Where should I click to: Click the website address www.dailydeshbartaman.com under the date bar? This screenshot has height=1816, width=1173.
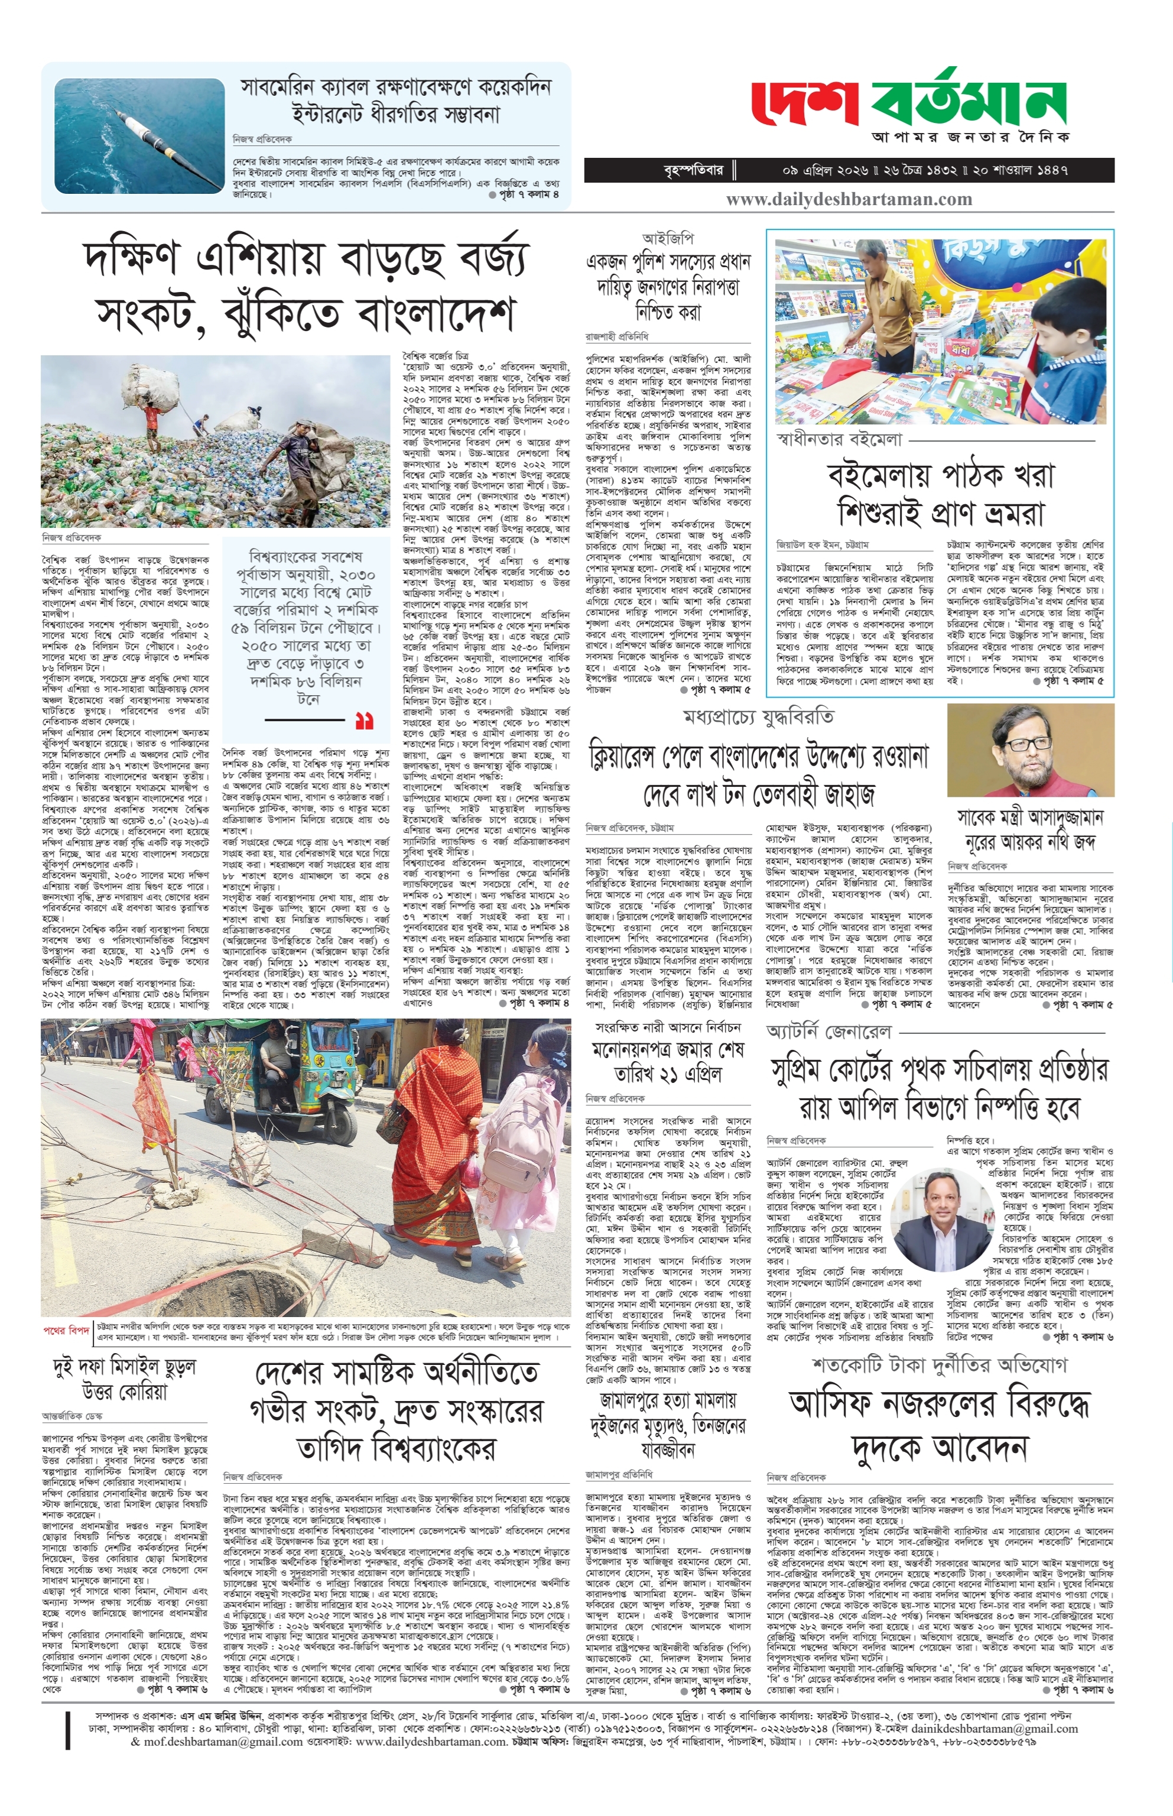pyautogui.click(x=849, y=200)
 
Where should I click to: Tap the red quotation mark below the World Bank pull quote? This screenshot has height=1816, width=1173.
pyautogui.click(x=364, y=720)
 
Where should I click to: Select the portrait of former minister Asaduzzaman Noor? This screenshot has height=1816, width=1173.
pyautogui.click(x=1030, y=750)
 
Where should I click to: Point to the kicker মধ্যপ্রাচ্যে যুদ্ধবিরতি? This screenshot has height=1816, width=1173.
pyautogui.click(x=759, y=718)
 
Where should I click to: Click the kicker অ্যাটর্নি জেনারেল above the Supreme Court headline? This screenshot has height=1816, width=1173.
pyautogui.click(x=828, y=1032)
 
